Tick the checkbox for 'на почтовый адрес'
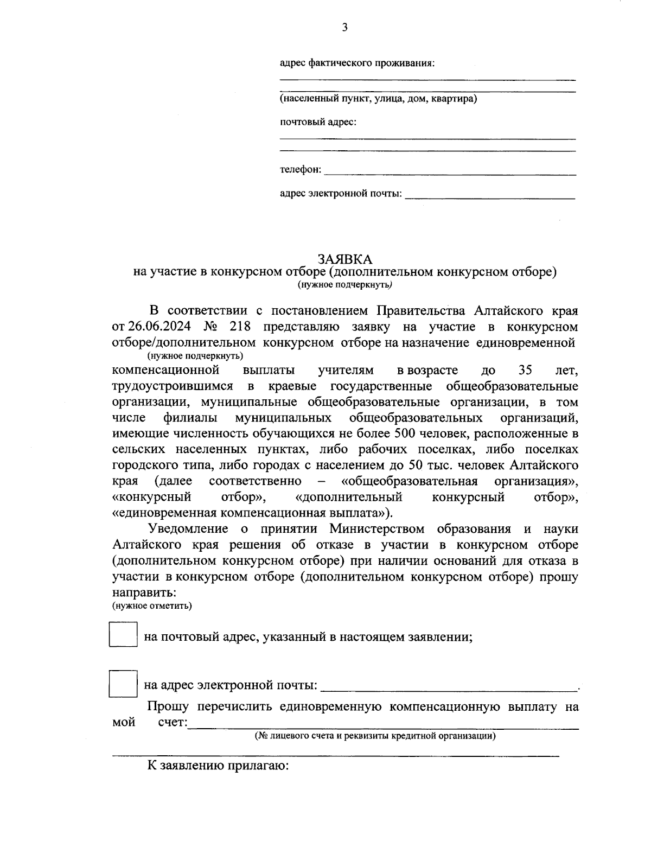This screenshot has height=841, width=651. tap(123, 634)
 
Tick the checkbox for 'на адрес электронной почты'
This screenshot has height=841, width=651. tap(123, 684)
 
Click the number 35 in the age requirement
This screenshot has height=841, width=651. tap(526, 371)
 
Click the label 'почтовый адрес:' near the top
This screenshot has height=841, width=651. tap(318, 122)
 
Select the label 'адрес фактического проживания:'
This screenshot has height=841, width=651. tap(358, 63)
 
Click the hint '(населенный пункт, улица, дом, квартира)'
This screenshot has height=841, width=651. tap(378, 99)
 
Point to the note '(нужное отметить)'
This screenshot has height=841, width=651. tap(152, 606)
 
